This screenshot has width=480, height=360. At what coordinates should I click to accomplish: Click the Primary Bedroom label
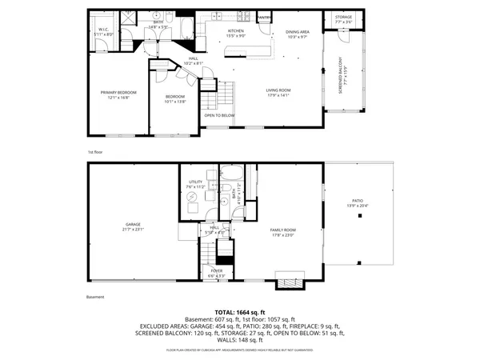(x=114, y=94)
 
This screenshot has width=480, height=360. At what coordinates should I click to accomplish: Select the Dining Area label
(x=297, y=33)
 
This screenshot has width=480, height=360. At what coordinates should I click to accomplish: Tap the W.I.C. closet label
(x=103, y=31)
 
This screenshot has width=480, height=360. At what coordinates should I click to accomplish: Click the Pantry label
(x=264, y=16)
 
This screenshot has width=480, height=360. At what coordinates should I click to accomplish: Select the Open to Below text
(x=219, y=115)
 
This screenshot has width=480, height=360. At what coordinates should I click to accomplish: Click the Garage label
(x=132, y=226)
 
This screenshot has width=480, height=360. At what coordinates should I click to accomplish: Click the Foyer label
(x=217, y=273)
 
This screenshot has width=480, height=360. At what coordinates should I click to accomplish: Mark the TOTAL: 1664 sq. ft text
(x=239, y=312)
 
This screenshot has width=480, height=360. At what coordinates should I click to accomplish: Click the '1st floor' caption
(x=95, y=150)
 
